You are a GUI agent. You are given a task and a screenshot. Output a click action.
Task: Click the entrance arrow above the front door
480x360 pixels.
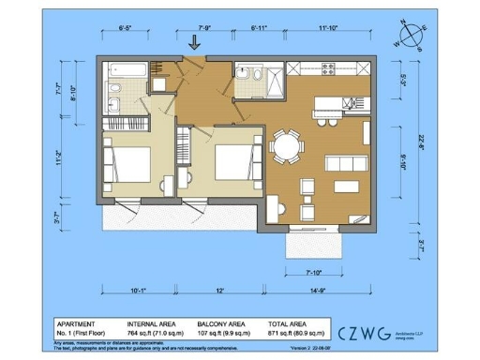point(195,41)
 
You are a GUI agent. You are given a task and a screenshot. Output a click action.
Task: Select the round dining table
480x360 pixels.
point(286,146)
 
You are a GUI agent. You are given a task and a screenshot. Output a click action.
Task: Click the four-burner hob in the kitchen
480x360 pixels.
point(329,69)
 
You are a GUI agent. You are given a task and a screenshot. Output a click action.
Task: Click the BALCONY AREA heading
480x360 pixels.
point(221,323)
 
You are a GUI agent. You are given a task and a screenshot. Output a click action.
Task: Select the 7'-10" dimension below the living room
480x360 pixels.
point(322,273)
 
